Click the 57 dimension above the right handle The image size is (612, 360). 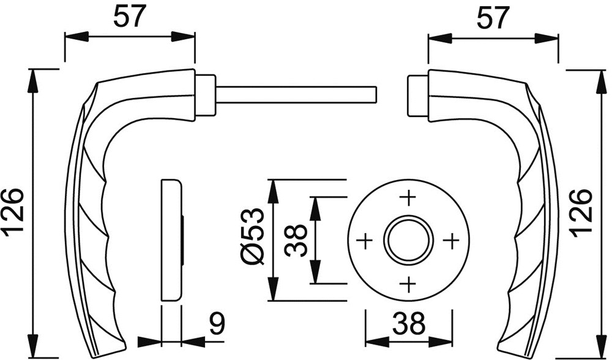point(493,18)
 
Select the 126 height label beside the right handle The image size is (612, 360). point(581,213)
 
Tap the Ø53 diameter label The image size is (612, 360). point(253,236)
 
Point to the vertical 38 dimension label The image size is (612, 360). point(296,240)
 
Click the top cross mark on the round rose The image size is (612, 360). point(409,198)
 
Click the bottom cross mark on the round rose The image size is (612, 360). point(409,284)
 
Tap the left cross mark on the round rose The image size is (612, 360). point(365,241)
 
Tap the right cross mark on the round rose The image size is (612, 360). point(452,241)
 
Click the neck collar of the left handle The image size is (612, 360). point(205,95)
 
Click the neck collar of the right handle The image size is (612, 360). point(418,96)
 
